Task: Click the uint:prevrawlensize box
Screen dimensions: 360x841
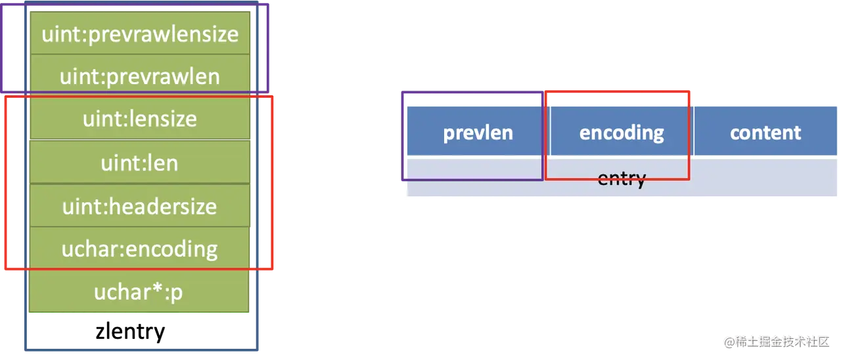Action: click(140, 33)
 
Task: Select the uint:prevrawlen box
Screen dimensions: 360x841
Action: click(140, 76)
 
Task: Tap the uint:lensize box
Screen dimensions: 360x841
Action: click(140, 119)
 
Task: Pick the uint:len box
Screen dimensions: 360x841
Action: click(140, 162)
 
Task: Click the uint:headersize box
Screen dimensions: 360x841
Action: click(140, 206)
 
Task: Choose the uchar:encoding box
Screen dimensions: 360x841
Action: click(140, 248)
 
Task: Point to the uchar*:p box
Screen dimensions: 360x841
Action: click(140, 292)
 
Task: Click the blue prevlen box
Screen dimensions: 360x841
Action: click(478, 133)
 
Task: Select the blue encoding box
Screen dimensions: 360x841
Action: click(622, 133)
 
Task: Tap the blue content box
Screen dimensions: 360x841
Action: click(765, 133)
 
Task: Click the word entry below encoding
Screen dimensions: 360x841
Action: click(622, 178)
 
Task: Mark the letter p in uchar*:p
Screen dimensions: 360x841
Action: click(176, 293)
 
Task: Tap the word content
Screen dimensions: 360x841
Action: click(765, 133)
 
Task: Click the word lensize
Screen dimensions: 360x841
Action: click(162, 119)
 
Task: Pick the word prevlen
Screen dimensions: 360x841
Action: click(478, 133)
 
